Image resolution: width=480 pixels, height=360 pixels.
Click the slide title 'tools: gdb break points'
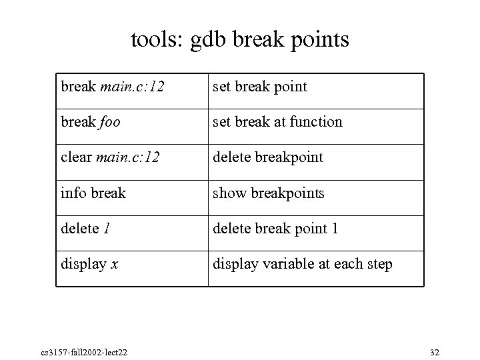pos(240,40)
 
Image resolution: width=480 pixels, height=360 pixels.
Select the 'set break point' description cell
pos(259,87)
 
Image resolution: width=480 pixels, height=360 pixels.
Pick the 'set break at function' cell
pos(277,122)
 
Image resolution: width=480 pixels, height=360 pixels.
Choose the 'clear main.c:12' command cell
pos(110,157)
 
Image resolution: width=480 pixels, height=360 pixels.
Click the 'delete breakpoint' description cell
pos(267,157)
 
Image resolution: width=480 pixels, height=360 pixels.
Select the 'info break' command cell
pos(93,193)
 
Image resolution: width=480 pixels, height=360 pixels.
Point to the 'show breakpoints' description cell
pos(268,193)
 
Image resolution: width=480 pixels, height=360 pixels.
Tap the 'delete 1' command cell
pos(85,229)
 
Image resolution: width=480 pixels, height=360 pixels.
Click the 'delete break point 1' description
pos(275,229)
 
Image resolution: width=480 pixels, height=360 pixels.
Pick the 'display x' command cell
pos(89,264)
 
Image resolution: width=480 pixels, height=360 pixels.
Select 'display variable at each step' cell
pos(302,264)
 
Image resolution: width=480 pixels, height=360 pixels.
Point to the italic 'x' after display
pos(115,265)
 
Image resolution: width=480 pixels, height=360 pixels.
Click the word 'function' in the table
pos(321,122)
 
